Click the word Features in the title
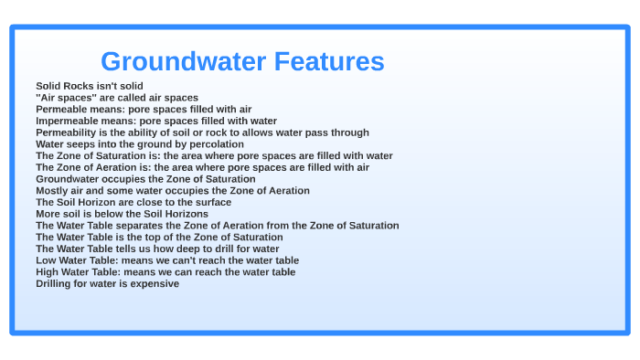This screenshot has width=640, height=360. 326,61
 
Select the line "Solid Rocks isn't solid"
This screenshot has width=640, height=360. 90,86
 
